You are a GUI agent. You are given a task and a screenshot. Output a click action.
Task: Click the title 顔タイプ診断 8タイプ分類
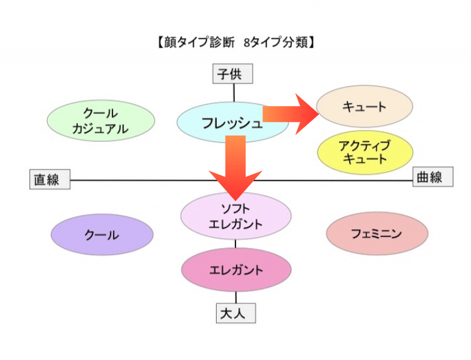pyautogui.click(x=235, y=43)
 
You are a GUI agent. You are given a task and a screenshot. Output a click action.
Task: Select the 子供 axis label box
pyautogui.click(x=233, y=74)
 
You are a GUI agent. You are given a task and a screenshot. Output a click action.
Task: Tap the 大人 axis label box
pyautogui.click(x=235, y=313)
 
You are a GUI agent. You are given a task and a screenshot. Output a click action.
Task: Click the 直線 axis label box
pyautogui.click(x=50, y=179)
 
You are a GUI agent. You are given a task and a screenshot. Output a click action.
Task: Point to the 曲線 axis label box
pyautogui.click(x=433, y=177)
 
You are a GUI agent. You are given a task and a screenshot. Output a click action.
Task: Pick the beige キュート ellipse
pyautogui.click(x=365, y=107)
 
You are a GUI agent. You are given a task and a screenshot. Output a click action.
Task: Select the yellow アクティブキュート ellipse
pyautogui.click(x=365, y=152)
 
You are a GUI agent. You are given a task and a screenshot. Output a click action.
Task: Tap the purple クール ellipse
pyautogui.click(x=102, y=235)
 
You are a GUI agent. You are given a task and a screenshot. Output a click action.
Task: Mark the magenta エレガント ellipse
pyautogui.click(x=236, y=270)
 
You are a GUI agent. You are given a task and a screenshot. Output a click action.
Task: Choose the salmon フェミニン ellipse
pyautogui.click(x=377, y=234)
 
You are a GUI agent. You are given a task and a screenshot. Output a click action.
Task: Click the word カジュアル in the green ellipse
pyautogui.click(x=101, y=130)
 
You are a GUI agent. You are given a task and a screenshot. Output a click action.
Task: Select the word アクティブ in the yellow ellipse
pyautogui.click(x=365, y=145)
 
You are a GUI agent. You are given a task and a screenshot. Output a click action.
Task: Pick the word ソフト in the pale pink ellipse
pyautogui.click(x=235, y=208)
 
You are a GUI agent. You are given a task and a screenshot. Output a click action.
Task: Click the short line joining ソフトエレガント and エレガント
pyautogui.click(x=236, y=243)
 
